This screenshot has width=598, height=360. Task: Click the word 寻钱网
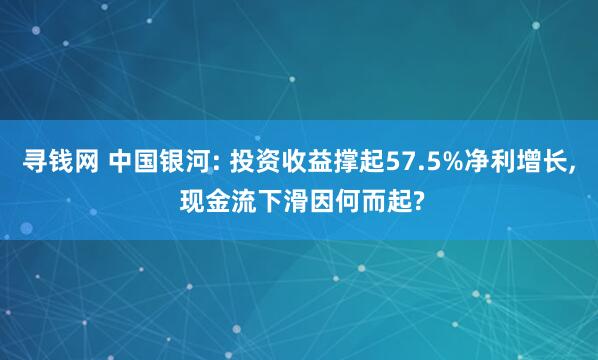coord(59,162)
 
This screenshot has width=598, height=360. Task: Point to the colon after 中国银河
coord(221,164)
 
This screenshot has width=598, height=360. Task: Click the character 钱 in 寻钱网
coord(59,162)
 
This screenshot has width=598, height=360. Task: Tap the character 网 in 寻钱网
coord(85,162)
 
